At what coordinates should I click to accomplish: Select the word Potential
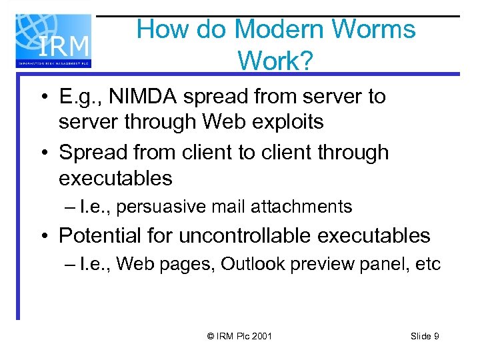(101, 235)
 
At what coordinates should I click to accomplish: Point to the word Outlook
(251, 265)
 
